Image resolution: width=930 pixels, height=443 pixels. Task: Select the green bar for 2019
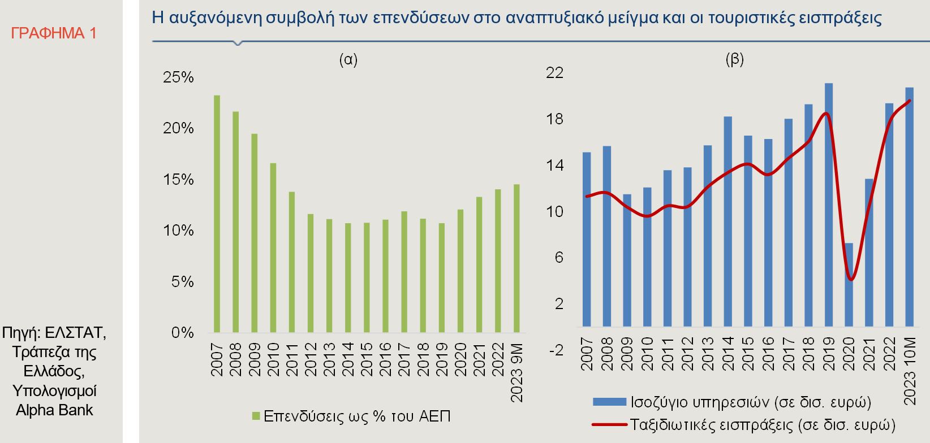442,277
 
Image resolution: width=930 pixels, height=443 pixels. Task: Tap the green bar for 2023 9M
516,258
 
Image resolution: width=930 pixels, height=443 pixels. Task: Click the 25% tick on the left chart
178,77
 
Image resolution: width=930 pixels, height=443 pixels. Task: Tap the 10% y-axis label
178,231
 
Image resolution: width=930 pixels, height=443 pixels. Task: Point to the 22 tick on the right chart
556,73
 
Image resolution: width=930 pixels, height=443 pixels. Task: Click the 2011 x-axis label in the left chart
292,358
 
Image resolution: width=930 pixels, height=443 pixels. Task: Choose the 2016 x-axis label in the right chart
768,354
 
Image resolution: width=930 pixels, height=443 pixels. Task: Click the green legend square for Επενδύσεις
256,416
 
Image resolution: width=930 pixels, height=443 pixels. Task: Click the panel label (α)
348,59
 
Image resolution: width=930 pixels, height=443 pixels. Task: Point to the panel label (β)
734,59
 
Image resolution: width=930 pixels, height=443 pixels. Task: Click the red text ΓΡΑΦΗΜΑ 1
54,33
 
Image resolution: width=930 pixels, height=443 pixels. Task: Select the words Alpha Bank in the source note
54,410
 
